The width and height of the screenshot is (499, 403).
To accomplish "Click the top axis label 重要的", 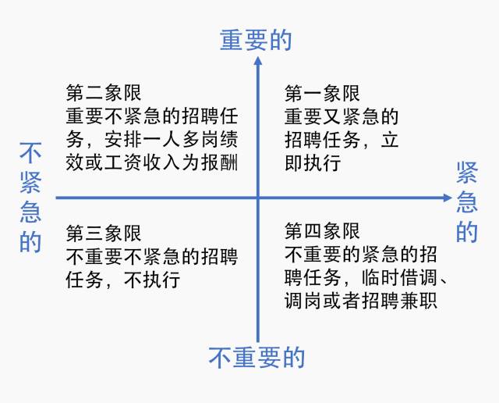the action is (x=256, y=40).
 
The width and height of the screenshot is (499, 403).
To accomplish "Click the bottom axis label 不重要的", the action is (x=256, y=357).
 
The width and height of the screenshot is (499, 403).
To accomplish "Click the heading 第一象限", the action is (x=322, y=95).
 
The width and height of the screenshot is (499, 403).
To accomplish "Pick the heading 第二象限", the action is (x=104, y=95).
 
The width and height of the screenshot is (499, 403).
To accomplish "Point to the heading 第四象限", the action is (x=322, y=232).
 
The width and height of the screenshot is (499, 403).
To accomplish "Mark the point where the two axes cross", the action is (x=256, y=198).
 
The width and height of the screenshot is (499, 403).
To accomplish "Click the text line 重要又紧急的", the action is (x=342, y=117).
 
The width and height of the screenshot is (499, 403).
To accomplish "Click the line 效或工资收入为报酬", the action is (x=151, y=163).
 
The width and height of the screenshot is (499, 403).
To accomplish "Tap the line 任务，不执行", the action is (x=123, y=279).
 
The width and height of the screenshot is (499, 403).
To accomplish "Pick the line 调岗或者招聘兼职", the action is (x=360, y=301).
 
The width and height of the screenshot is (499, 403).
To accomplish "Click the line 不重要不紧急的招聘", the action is (x=151, y=256).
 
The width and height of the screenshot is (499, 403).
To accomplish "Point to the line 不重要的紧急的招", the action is (x=360, y=255).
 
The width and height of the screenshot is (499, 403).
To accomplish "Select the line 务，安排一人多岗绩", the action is (x=151, y=141).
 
